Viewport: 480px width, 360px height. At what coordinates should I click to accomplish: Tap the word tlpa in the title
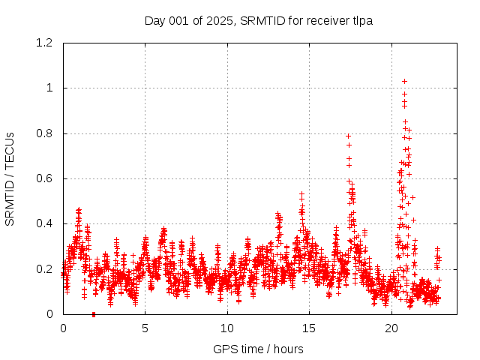pos(361,20)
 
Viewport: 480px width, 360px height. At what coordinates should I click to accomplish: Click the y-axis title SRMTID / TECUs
pos(10,178)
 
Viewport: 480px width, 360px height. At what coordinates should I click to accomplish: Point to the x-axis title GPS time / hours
pos(258,349)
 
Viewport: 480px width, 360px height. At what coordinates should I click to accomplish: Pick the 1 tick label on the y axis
pos(50,88)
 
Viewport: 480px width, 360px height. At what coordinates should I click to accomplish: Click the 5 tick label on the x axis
pos(145,328)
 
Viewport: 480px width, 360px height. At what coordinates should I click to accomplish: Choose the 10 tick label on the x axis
pos(227,328)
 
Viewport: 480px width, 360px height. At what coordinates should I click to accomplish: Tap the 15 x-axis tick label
pos(310,328)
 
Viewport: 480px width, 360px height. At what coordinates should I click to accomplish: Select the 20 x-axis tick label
pos(391,328)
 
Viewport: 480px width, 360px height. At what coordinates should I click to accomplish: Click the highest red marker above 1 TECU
pos(404,81)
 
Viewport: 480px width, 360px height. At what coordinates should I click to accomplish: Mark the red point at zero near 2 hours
pos(93,313)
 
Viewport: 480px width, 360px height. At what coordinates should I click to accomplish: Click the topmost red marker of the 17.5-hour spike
pos(348,136)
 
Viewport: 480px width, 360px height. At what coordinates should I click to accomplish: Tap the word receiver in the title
pos(326,20)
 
